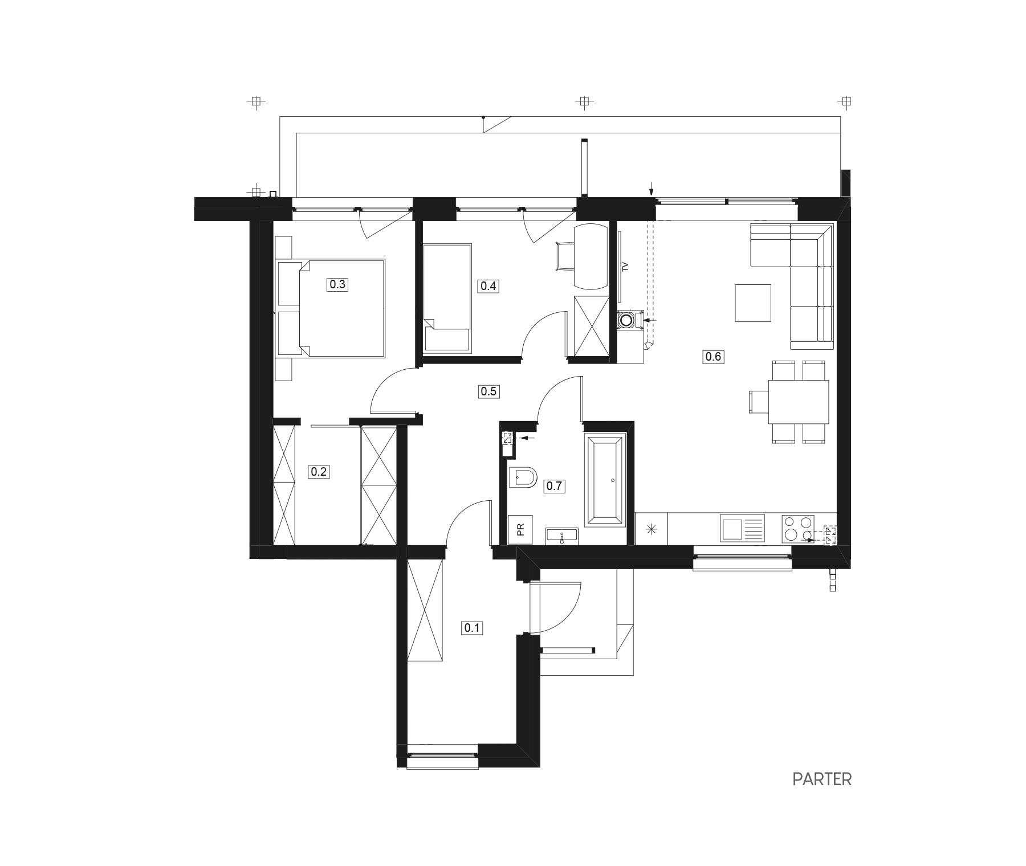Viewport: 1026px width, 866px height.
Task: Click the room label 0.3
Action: pos(337,284)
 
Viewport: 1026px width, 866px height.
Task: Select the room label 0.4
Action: pos(488,286)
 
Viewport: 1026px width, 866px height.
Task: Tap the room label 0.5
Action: pos(488,391)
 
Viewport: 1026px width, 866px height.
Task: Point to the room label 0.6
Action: pos(713,357)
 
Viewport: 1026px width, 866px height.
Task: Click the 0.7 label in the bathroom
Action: pos(554,486)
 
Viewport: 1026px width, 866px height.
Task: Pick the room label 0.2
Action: pos(318,472)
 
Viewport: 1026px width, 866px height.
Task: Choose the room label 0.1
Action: pos(473,628)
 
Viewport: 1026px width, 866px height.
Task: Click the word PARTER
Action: pos(822,779)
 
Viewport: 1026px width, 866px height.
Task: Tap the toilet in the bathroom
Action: pos(523,477)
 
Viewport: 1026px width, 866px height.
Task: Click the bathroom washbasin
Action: pos(562,537)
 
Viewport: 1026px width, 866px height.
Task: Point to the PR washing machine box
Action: pos(520,530)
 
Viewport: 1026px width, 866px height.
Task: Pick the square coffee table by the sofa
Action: pos(752,303)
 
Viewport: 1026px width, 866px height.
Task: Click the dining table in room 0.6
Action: pos(798,402)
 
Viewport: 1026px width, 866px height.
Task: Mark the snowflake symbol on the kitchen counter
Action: pos(652,529)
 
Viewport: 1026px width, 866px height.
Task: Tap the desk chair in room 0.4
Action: pos(565,257)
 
